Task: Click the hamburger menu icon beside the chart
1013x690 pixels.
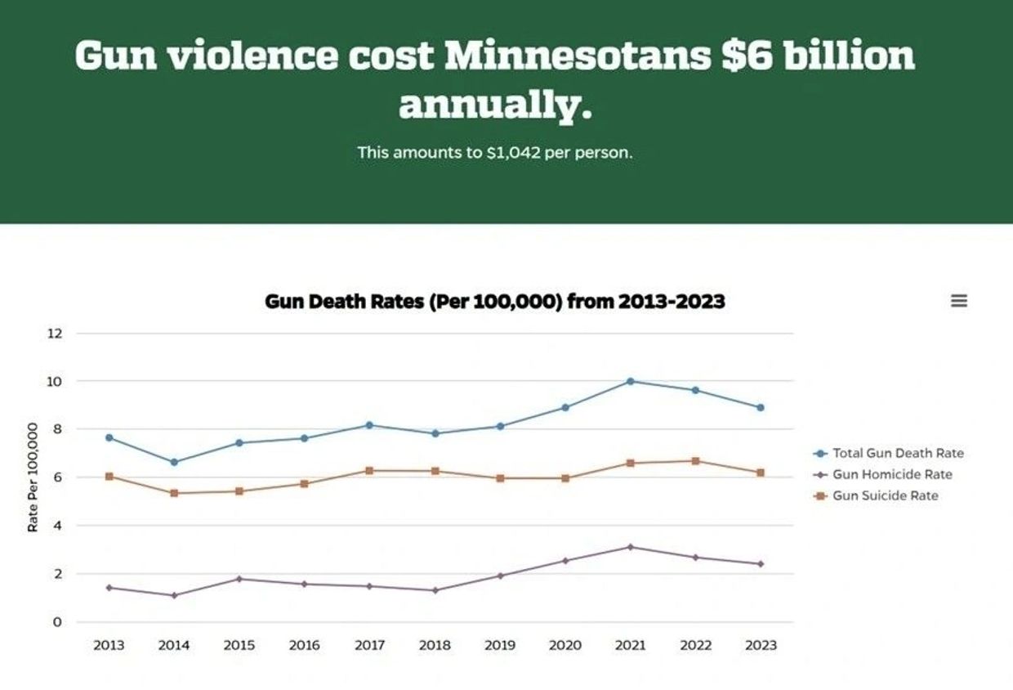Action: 959,301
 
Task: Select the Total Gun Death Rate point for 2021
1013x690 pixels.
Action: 630,381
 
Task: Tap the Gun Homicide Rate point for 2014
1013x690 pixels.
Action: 174,595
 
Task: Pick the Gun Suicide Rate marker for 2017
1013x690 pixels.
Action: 369,471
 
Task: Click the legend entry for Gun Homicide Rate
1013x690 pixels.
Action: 891,474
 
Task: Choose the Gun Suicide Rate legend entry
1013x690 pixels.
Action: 885,495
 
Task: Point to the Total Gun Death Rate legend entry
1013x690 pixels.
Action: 897,453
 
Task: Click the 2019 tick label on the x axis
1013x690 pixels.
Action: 500,645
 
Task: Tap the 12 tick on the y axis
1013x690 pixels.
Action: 55,334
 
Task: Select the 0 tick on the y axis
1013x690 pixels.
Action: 57,622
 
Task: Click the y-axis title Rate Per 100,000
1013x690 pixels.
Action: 33,477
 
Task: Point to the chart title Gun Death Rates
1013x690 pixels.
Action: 494,302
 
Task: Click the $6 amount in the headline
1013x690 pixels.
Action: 747,56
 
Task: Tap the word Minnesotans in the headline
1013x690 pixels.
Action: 577,56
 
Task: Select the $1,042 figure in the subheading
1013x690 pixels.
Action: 513,153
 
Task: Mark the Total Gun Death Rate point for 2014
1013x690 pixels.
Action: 174,462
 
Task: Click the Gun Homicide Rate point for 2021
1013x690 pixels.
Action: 630,547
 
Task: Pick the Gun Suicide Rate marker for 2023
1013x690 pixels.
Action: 760,473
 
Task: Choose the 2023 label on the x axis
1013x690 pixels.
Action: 761,645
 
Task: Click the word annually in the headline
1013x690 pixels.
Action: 494,105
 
